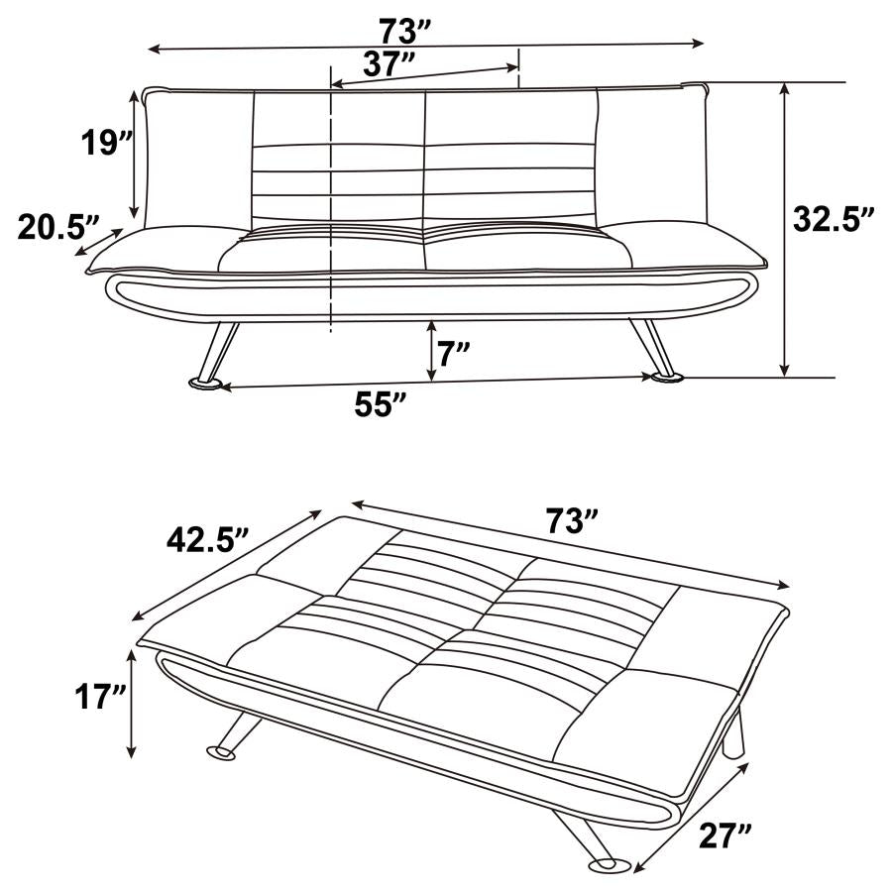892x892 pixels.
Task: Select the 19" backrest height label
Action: (106, 143)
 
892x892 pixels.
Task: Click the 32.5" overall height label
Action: (834, 219)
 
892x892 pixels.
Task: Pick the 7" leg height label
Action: (455, 353)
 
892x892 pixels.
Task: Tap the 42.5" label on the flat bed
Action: (206, 541)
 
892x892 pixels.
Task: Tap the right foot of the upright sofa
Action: (665, 376)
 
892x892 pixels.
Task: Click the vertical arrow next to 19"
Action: (134, 154)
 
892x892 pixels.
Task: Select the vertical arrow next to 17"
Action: (132, 704)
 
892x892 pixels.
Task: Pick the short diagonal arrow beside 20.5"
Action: (99, 242)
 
